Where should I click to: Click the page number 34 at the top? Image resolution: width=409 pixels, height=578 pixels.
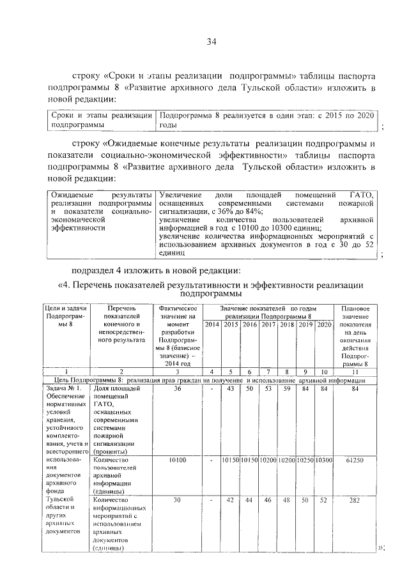212,42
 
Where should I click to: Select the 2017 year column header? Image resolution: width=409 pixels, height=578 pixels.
268,324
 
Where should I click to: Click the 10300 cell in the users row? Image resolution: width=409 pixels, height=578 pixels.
324,459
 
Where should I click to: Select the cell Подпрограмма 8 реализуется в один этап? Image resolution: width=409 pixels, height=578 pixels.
267,119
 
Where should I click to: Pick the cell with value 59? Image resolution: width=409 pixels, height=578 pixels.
286,388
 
